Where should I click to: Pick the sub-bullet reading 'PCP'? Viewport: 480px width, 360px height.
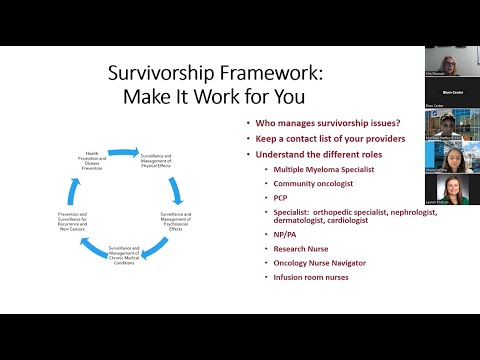(280, 198)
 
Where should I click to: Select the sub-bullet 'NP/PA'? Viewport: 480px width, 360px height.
(283, 233)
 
